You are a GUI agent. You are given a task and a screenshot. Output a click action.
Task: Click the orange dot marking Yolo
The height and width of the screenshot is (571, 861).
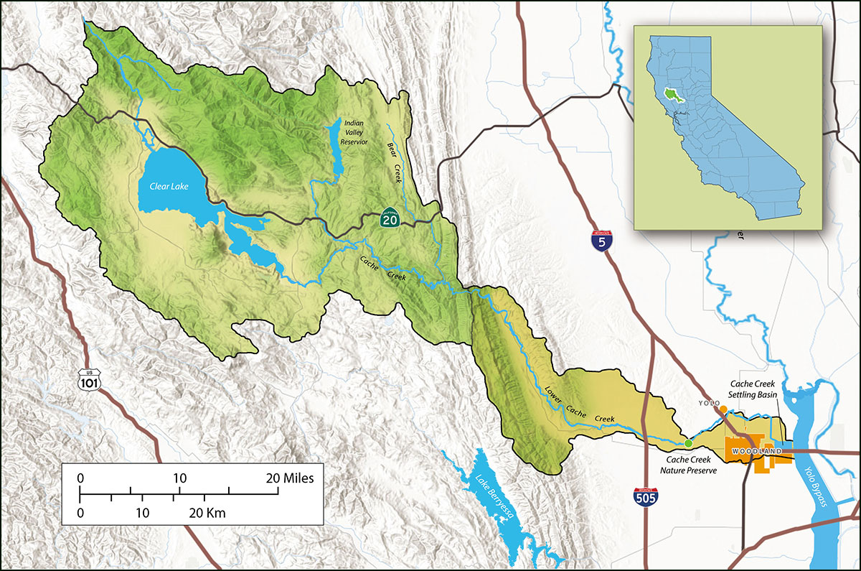(723, 409)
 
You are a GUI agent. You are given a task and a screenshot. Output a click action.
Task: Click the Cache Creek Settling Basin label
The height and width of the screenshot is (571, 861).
(754, 389)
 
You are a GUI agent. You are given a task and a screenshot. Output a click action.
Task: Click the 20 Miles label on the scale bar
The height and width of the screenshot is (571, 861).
(290, 478)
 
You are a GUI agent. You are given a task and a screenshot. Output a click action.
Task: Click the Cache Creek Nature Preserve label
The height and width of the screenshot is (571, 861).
(688, 465)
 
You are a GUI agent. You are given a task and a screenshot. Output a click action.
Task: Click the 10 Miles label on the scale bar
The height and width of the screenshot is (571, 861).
(179, 478)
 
